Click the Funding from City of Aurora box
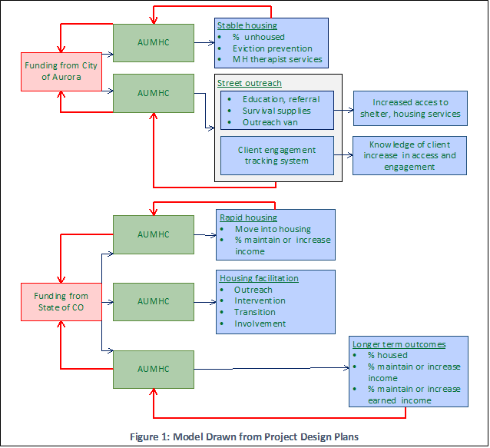tap(61, 71)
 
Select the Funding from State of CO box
tap(61, 302)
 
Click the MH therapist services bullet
tap(277, 59)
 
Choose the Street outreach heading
tap(250, 83)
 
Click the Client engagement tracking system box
tap(276, 155)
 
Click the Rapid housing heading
tap(248, 217)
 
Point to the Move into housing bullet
tap(273, 229)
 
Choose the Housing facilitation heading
tap(259, 278)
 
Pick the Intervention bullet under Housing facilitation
tap(260, 300)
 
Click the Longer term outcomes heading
tap(399, 343)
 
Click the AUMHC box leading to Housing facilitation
tap(154, 301)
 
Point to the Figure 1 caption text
tap(245, 436)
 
